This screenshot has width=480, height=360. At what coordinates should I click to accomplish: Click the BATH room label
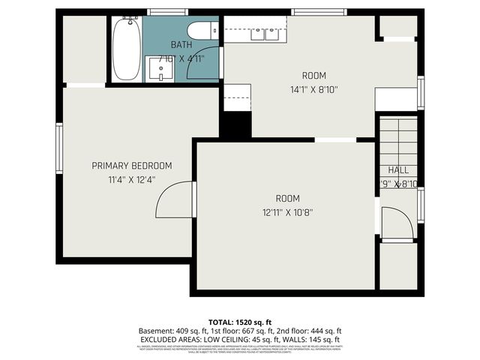181,45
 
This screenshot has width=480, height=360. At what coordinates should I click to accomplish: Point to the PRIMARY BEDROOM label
131,166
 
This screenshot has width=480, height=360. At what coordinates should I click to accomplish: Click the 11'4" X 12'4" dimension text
131,180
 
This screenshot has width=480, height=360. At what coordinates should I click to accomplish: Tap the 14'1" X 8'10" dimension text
314,89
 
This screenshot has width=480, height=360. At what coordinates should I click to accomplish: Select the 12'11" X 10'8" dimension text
287,212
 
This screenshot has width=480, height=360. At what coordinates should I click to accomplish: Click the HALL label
397,170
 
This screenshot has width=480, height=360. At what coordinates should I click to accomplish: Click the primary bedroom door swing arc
173,198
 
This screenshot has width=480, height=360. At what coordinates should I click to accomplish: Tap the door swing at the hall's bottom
397,223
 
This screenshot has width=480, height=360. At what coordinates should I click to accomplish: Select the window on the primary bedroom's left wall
58,148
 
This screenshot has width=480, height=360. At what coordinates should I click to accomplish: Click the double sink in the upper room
264,33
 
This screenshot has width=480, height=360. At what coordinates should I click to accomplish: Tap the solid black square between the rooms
235,124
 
